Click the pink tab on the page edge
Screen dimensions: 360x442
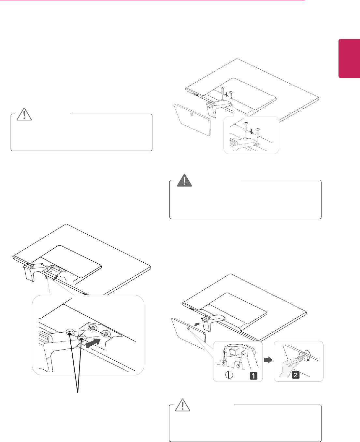[349, 59]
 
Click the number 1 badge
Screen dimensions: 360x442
[253, 375]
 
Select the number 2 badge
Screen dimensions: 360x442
[295, 375]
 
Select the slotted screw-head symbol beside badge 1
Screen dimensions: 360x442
[229, 375]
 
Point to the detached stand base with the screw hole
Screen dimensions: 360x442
[192, 119]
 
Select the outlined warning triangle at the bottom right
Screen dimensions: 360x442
[183, 405]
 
